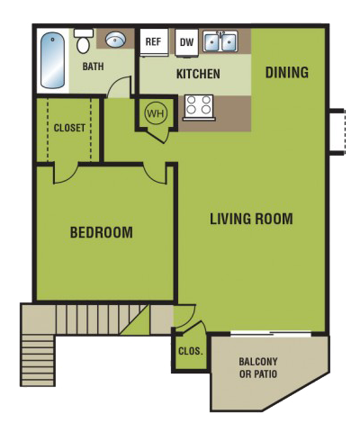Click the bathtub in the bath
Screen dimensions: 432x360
pyautogui.click(x=51, y=60)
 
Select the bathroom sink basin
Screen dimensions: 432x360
pyautogui.click(x=115, y=40)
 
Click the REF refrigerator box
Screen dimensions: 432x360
pyautogui.click(x=153, y=41)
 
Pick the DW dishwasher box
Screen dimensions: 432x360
pyautogui.click(x=186, y=41)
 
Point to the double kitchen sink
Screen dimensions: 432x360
pyautogui.click(x=220, y=41)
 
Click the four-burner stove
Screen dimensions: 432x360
pyautogui.click(x=197, y=107)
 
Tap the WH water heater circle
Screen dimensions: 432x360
pyautogui.click(x=155, y=114)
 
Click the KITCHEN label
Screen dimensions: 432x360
pyautogui.click(x=198, y=74)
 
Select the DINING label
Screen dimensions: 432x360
pyautogui.click(x=287, y=72)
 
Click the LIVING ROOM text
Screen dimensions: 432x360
pyautogui.click(x=251, y=219)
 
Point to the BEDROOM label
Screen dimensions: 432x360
pyautogui.click(x=101, y=233)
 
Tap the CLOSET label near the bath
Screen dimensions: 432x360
pyautogui.click(x=69, y=128)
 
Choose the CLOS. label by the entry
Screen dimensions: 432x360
pyautogui.click(x=189, y=352)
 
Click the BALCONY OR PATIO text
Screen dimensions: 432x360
pyautogui.click(x=257, y=367)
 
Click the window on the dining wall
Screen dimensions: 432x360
pyautogui.click(x=336, y=131)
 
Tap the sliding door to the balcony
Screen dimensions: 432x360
pyautogui.click(x=270, y=335)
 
